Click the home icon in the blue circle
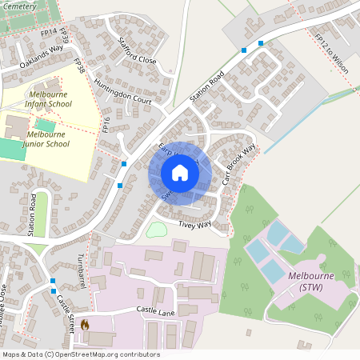[x=180, y=173]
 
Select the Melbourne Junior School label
[x=56, y=138]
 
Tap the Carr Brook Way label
[x=239, y=165]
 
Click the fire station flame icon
[x=85, y=325]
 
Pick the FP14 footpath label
[x=49, y=33]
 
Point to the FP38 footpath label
[x=78, y=66]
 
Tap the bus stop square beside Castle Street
[x=53, y=281]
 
